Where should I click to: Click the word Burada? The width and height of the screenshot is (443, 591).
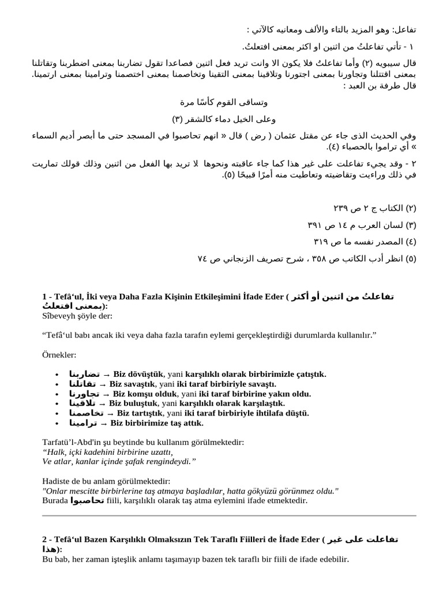pos(56,500)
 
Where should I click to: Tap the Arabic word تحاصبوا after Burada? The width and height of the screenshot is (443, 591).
pos(87,500)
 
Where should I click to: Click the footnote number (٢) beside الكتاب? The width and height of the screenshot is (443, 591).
pos(411,207)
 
